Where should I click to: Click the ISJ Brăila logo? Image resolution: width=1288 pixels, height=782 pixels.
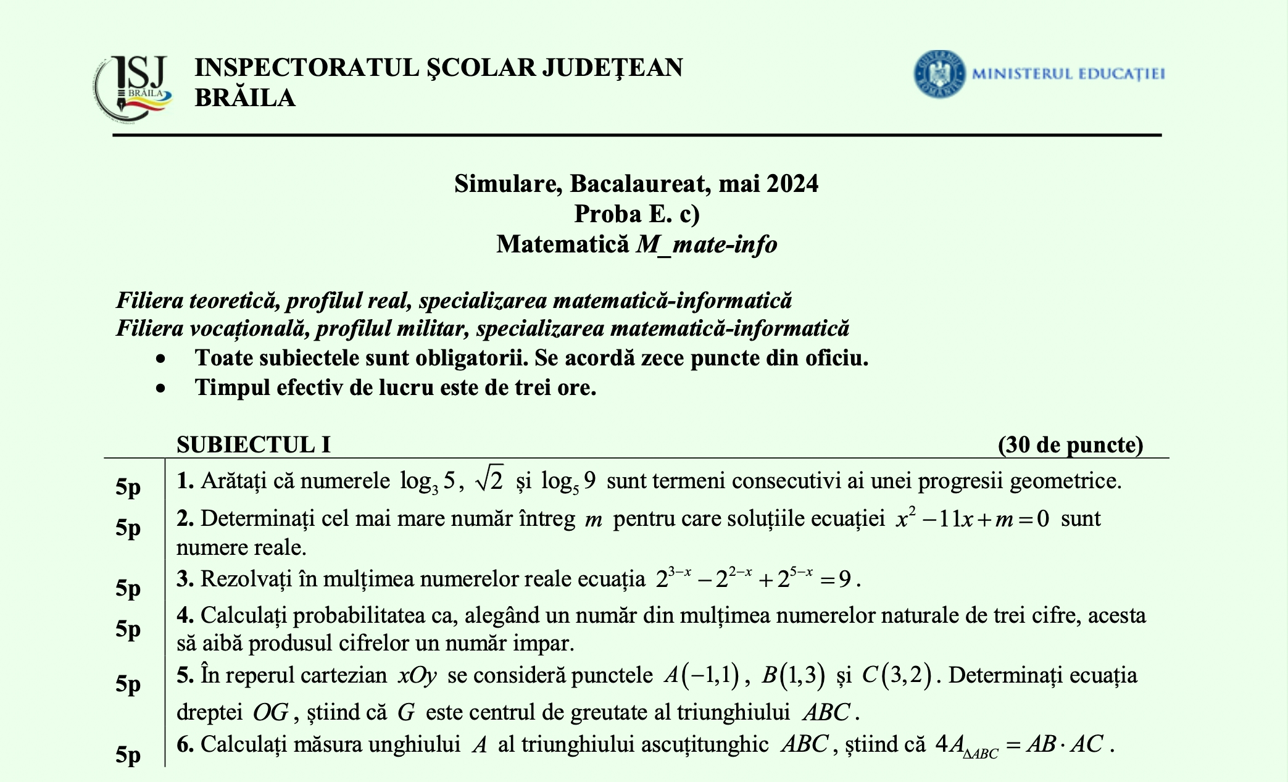click(133, 87)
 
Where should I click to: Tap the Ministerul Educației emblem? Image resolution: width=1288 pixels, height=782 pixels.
click(939, 74)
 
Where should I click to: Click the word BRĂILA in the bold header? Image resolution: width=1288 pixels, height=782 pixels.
click(245, 98)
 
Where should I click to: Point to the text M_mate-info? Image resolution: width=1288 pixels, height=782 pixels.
click(707, 244)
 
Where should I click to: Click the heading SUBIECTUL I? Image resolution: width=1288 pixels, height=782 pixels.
click(253, 444)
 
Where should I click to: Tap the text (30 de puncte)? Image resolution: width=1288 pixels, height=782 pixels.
click(1070, 444)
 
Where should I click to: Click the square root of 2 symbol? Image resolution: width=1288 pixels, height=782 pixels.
click(489, 480)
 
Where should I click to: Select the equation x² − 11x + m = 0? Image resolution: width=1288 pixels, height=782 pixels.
click(972, 519)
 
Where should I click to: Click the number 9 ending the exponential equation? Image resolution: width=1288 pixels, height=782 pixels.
click(845, 579)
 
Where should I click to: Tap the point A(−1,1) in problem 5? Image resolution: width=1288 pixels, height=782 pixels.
click(702, 675)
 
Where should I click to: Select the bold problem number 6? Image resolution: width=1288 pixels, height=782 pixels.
click(185, 744)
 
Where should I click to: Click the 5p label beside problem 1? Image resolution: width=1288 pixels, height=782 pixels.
click(128, 487)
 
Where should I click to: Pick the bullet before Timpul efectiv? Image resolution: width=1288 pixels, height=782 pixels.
click(161, 388)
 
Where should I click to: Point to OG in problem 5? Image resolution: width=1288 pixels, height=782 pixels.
click(270, 712)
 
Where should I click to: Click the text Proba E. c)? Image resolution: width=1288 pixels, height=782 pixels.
click(636, 214)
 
